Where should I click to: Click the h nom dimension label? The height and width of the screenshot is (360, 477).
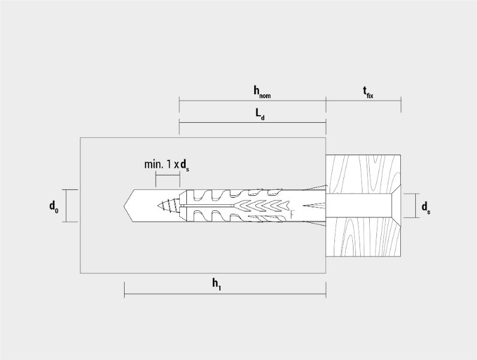[x=262, y=92]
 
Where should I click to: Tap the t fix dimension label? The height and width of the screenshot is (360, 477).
[x=368, y=92]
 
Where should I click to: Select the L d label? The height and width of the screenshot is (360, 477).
[x=260, y=114]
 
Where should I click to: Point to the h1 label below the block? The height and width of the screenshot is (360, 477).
[x=216, y=285]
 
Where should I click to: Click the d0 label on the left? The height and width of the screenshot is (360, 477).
[x=54, y=207]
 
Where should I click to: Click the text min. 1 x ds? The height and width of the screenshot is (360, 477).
[x=167, y=165]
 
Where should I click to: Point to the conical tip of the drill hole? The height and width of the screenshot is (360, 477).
[x=128, y=206]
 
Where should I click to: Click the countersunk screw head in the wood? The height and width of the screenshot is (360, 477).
[x=396, y=205]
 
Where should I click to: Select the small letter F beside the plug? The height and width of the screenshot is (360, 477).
[x=292, y=214]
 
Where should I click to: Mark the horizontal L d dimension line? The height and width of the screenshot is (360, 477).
[x=252, y=123]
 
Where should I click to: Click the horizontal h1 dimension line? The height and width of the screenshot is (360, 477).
[x=225, y=294]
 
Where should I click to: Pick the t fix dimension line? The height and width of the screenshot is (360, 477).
[x=364, y=101]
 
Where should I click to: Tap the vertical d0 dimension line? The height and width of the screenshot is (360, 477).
[x=66, y=206]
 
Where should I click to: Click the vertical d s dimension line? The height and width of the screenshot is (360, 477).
[x=415, y=205]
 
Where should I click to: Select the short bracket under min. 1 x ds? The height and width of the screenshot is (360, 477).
[x=168, y=176]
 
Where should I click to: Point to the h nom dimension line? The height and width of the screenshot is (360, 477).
[x=252, y=101]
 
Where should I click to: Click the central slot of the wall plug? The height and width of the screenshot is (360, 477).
[x=207, y=207]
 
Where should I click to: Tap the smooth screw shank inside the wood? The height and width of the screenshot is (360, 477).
[x=358, y=205]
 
